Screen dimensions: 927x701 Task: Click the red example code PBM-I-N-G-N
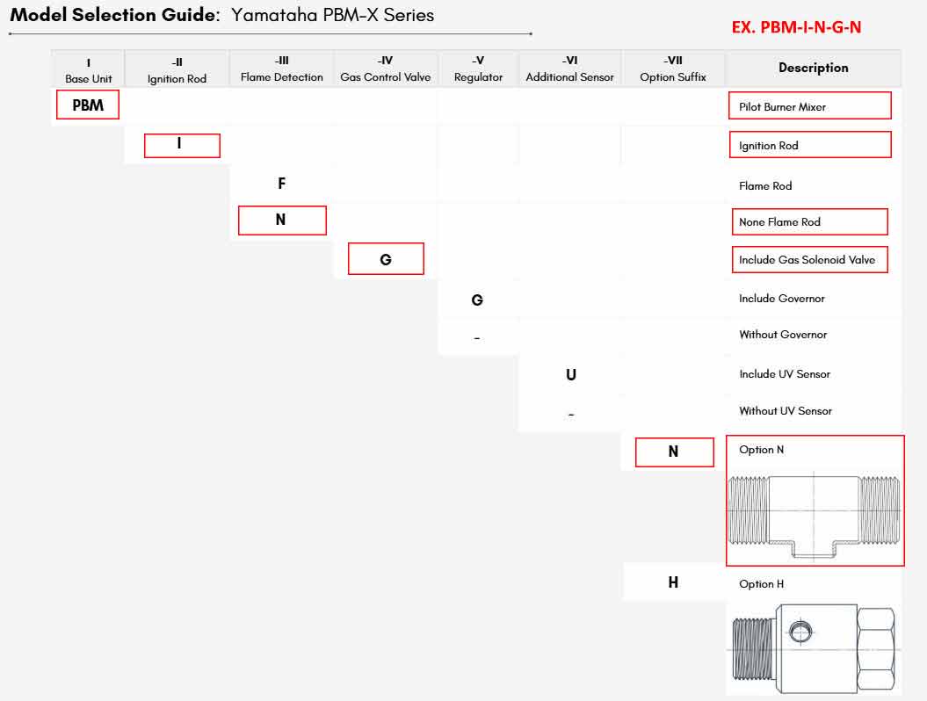pyautogui.click(x=796, y=27)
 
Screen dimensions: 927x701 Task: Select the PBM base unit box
pyautogui.click(x=88, y=105)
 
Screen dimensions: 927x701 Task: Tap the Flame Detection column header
pyautogui.click(x=281, y=69)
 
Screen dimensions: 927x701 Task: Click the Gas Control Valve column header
pyautogui.click(x=386, y=69)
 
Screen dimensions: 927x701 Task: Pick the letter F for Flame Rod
pyautogui.click(x=281, y=184)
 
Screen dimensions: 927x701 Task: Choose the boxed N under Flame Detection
pyautogui.click(x=282, y=220)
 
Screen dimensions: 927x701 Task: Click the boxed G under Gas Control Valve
pyautogui.click(x=386, y=259)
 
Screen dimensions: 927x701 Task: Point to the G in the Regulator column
pyautogui.click(x=477, y=300)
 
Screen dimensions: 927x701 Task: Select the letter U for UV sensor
pyautogui.click(x=570, y=375)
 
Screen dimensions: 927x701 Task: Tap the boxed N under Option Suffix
pyautogui.click(x=674, y=452)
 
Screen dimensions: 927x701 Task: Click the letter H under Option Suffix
pyautogui.click(x=673, y=582)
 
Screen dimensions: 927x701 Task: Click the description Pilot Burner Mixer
pyautogui.click(x=782, y=107)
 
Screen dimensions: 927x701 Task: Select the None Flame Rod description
pyautogui.click(x=779, y=222)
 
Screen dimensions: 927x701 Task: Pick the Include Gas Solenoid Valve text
pyautogui.click(x=807, y=260)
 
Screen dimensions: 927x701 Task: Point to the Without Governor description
pyautogui.click(x=783, y=335)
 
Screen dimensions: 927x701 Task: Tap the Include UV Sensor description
pyautogui.click(x=785, y=374)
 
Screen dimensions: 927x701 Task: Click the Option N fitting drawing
pyautogui.click(x=814, y=515)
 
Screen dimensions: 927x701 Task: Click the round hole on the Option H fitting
pyautogui.click(x=800, y=632)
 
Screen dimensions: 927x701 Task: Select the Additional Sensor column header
pyautogui.click(x=570, y=69)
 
